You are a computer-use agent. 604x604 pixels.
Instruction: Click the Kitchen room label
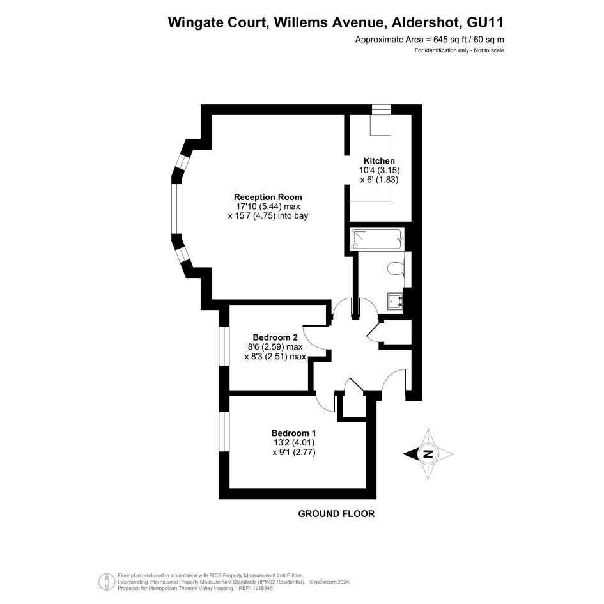(380, 160)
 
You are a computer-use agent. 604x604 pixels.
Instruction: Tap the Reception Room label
(268, 197)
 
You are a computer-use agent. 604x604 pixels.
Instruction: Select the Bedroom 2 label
(275, 337)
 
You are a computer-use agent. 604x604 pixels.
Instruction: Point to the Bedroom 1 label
(294, 433)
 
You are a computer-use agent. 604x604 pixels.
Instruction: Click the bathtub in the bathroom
(377, 239)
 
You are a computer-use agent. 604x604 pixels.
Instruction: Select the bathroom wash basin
(395, 300)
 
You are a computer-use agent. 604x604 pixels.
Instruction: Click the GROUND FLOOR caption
(336, 513)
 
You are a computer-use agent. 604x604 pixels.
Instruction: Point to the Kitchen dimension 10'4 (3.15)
(380, 170)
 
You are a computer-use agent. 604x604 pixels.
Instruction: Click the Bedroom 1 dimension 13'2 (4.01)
(294, 442)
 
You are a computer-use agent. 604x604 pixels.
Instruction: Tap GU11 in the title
(485, 22)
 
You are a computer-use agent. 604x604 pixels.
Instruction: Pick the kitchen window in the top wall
(381, 109)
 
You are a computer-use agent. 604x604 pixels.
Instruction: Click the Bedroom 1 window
(224, 431)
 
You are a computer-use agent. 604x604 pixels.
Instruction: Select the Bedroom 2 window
(224, 346)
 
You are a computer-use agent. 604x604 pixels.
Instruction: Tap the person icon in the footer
(106, 582)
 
